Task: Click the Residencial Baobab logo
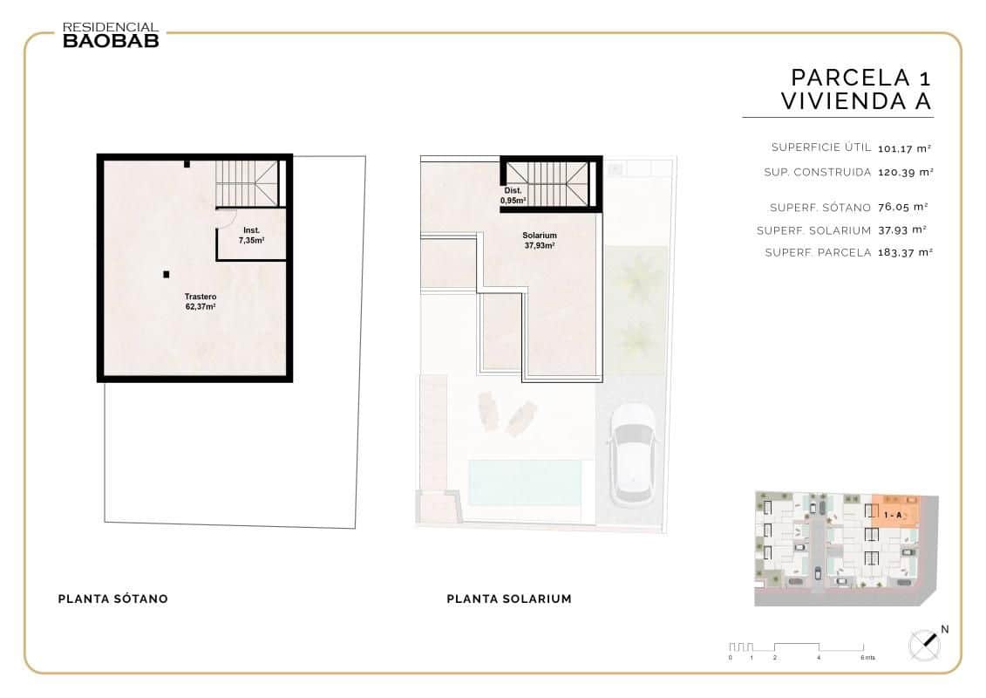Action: point(111,34)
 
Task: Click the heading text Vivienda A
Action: point(856,101)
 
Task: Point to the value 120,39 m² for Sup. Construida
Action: point(906,173)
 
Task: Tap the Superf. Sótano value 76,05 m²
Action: point(903,208)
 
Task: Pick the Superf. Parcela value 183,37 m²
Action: point(906,253)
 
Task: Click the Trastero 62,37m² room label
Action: point(201,302)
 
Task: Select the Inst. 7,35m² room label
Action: point(251,235)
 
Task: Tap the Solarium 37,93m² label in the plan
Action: point(540,241)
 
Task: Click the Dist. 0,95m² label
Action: point(513,195)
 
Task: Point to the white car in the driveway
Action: point(631,454)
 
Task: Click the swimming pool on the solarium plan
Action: point(525,482)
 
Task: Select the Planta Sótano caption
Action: point(112,599)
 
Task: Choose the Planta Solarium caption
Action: point(509,599)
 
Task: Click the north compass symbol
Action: point(925,645)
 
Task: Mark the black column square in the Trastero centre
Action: point(166,274)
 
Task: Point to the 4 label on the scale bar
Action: point(819,658)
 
